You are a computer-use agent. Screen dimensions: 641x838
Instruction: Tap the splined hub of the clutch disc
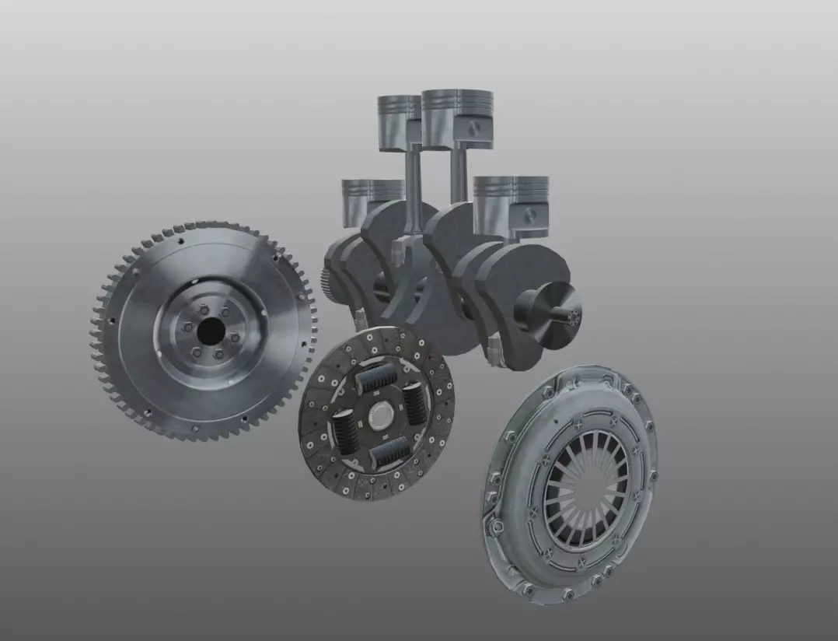(x=380, y=415)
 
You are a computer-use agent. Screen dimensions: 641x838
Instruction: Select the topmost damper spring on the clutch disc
(x=377, y=377)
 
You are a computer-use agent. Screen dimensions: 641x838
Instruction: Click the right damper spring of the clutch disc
(x=414, y=402)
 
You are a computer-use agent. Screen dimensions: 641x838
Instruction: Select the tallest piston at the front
(x=457, y=117)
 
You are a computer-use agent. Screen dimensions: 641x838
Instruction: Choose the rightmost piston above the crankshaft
(x=511, y=204)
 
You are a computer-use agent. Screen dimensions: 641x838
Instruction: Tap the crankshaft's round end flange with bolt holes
(x=572, y=314)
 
